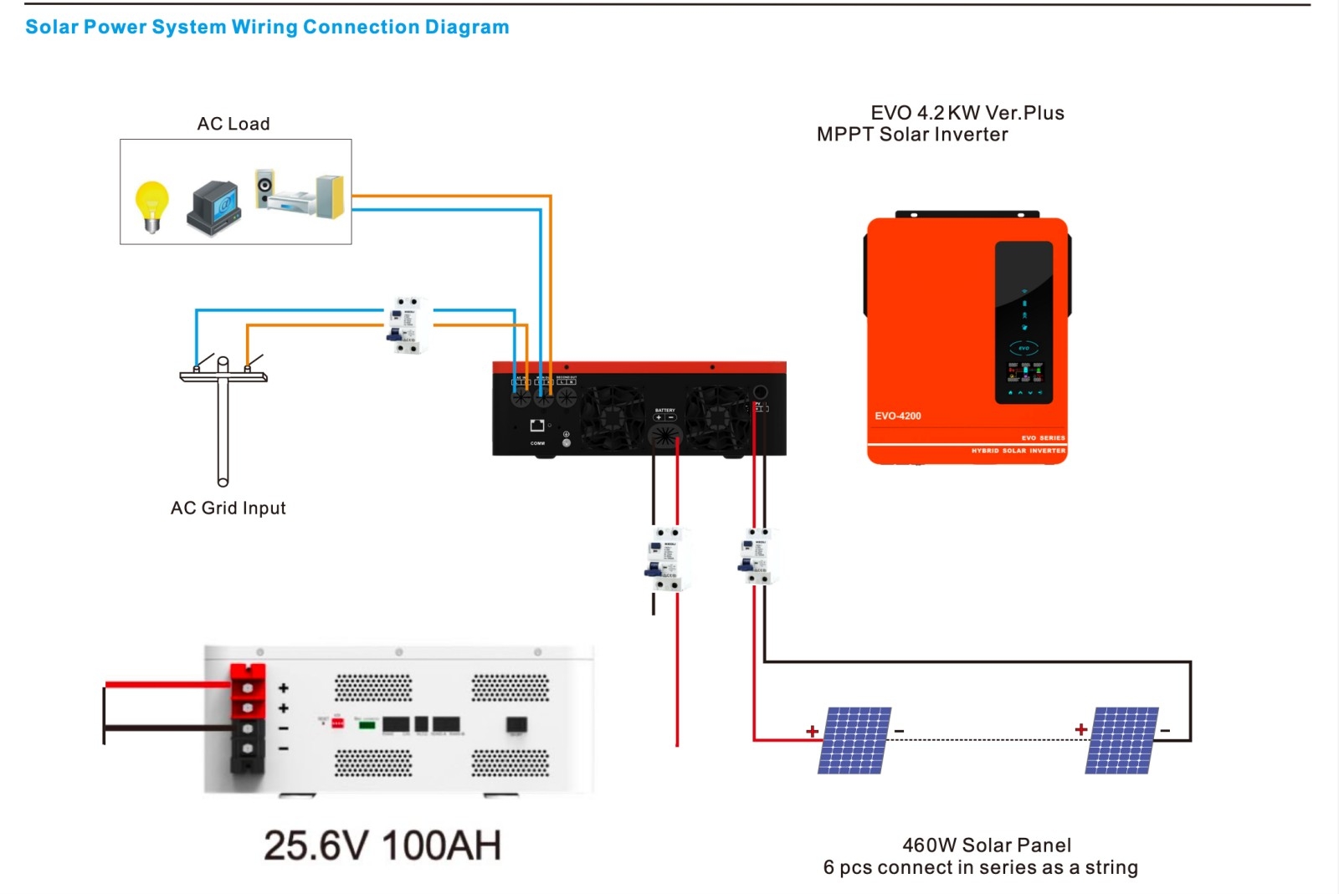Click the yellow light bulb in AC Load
(x=151, y=204)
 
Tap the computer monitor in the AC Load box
(x=215, y=207)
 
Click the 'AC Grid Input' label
(x=228, y=508)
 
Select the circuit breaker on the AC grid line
(x=408, y=324)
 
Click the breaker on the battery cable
(x=667, y=558)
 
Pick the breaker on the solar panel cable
(x=758, y=555)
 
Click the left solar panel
(x=854, y=740)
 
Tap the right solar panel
(x=1121, y=740)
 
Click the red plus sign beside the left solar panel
(x=812, y=731)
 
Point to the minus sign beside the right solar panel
(x=1165, y=731)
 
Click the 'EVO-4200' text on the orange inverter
(x=898, y=416)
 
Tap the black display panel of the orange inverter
(x=1023, y=322)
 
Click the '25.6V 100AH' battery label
(x=382, y=845)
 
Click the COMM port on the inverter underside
(x=537, y=427)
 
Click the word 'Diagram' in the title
(x=467, y=27)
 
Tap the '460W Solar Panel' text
(x=987, y=845)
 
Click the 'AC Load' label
(x=233, y=124)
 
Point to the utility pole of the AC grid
(x=223, y=422)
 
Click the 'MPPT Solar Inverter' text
(x=912, y=135)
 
